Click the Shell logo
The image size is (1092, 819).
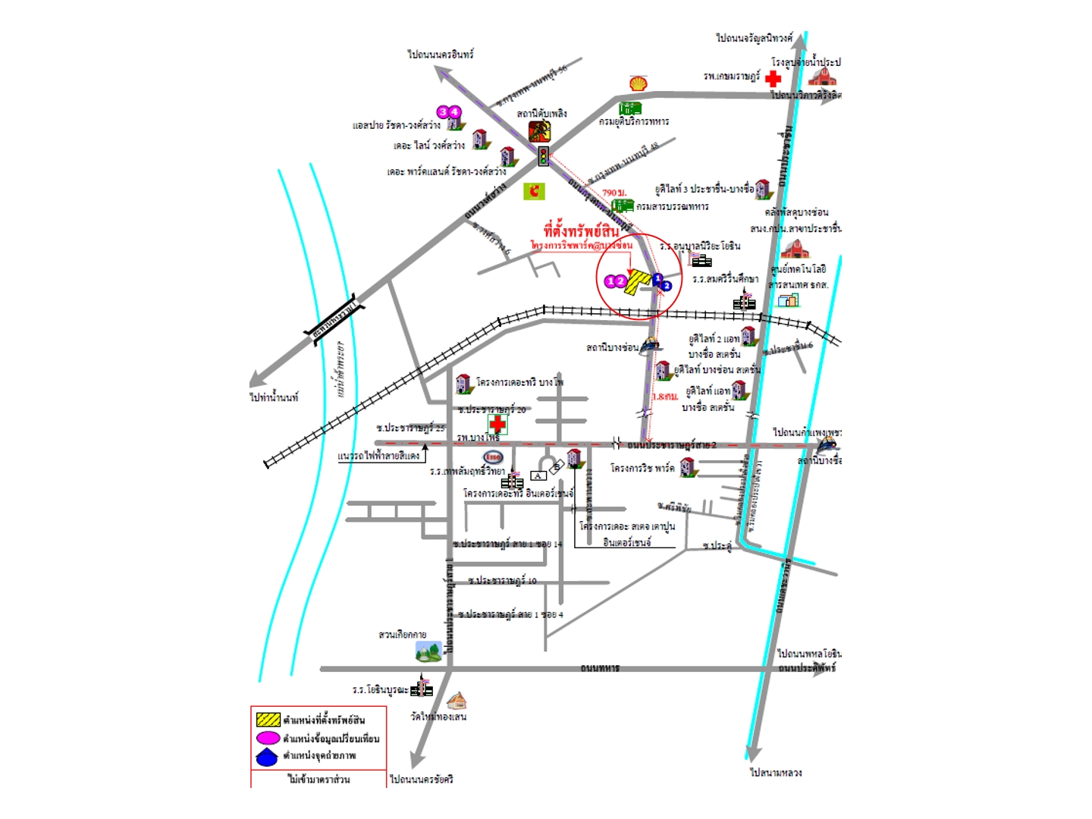(639, 83)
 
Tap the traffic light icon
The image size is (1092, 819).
(543, 157)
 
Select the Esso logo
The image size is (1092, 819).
(493, 457)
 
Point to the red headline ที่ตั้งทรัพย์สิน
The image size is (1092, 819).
(582, 231)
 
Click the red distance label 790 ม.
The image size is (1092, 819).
(613, 193)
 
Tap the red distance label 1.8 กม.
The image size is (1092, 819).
(665, 397)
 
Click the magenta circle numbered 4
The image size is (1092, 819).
(455, 112)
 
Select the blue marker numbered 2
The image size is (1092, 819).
(667, 286)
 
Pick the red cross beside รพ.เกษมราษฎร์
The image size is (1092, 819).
(773, 78)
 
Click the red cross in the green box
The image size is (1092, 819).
(497, 424)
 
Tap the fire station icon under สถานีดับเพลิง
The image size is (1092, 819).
(540, 131)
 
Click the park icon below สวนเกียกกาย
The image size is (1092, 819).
(428, 651)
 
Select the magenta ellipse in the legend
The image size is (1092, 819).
(268, 738)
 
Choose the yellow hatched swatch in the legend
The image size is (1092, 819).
(268, 719)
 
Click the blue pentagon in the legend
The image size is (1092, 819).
(267, 756)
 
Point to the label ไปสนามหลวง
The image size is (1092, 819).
(776, 773)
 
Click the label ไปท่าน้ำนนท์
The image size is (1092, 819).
(274, 397)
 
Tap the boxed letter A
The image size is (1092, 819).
(538, 475)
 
